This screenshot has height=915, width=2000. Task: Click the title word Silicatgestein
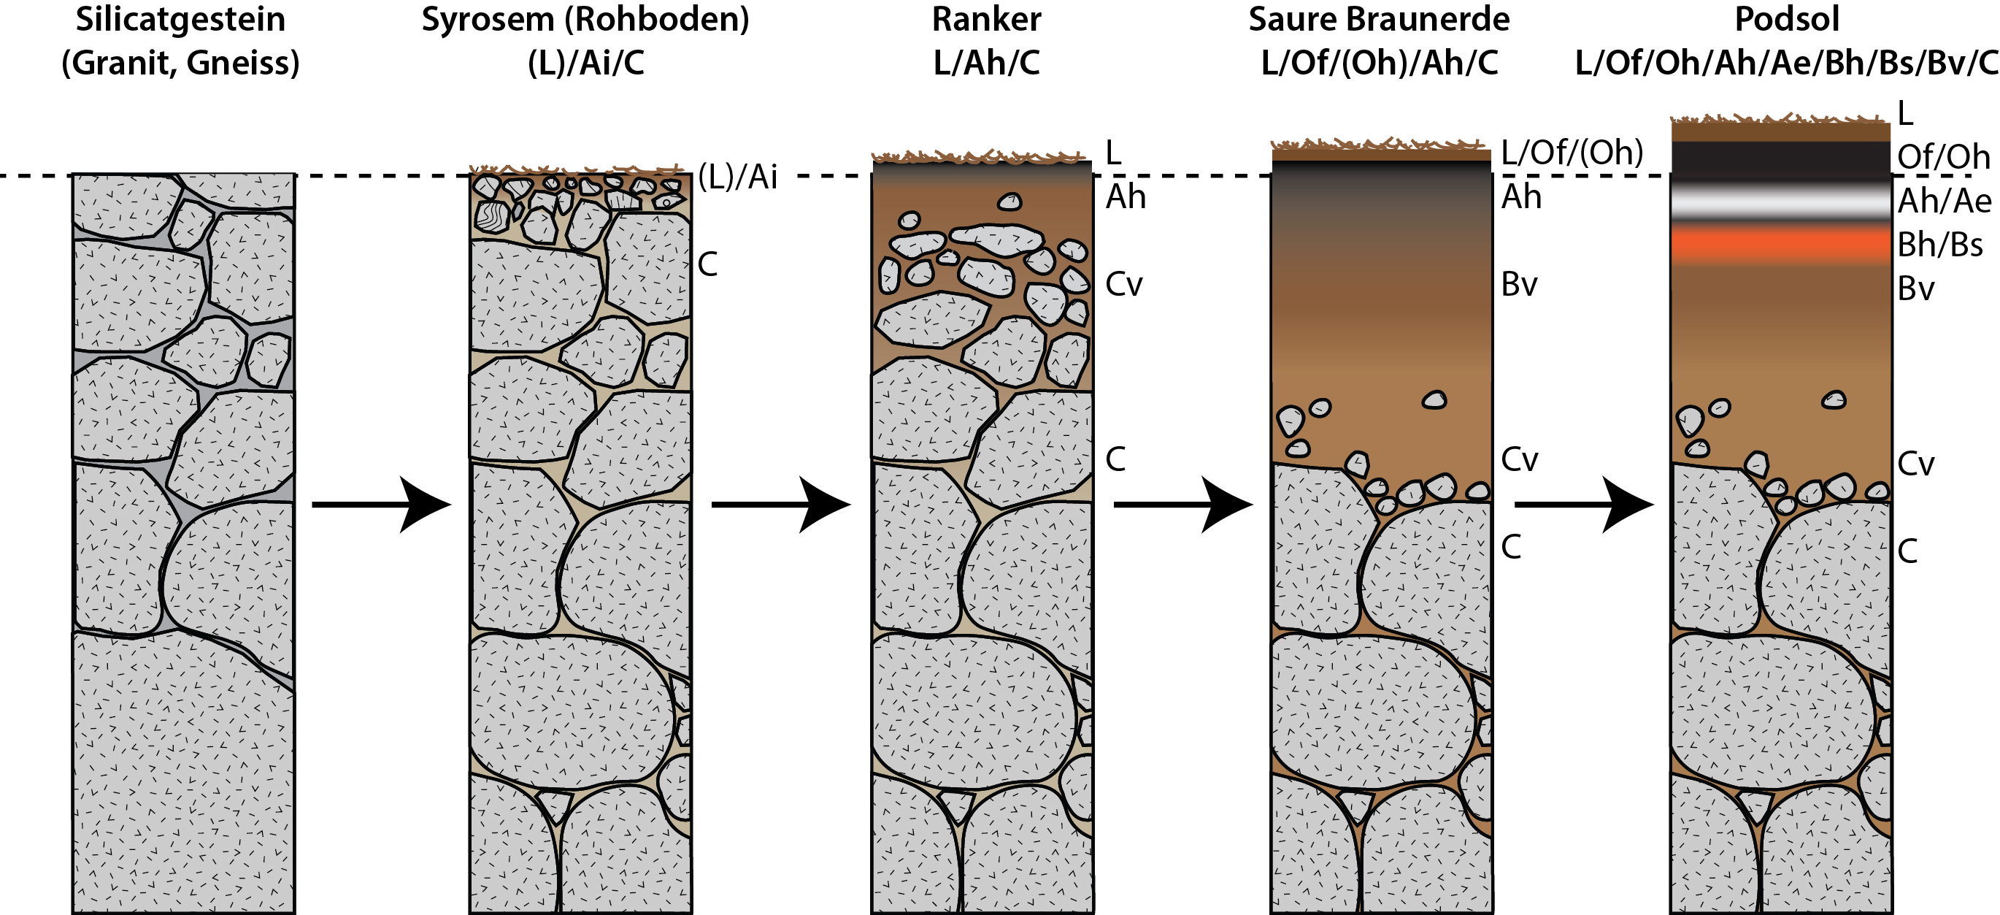(180, 20)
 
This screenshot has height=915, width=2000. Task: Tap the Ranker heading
(986, 20)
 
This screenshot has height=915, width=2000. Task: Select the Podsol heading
(1786, 20)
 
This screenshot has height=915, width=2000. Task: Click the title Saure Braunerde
(1379, 20)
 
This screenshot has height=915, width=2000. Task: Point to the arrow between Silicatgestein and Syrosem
(381, 504)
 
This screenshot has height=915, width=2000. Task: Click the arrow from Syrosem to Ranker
(781, 504)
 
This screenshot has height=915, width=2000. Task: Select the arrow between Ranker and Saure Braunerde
(1183, 504)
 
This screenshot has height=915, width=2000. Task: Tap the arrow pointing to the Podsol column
(1584, 504)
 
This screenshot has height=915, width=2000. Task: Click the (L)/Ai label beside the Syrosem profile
(737, 178)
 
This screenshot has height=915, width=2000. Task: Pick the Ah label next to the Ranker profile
(1126, 197)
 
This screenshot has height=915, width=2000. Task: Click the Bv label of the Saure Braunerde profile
(1520, 285)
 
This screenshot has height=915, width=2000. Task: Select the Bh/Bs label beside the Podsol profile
(1939, 245)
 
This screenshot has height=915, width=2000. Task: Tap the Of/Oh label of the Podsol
(1943, 158)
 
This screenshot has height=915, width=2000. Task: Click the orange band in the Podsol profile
(1780, 244)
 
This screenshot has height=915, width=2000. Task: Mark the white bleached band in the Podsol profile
(1780, 203)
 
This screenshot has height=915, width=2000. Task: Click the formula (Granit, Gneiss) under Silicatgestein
(180, 63)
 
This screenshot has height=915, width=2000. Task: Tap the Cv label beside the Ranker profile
(1123, 285)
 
